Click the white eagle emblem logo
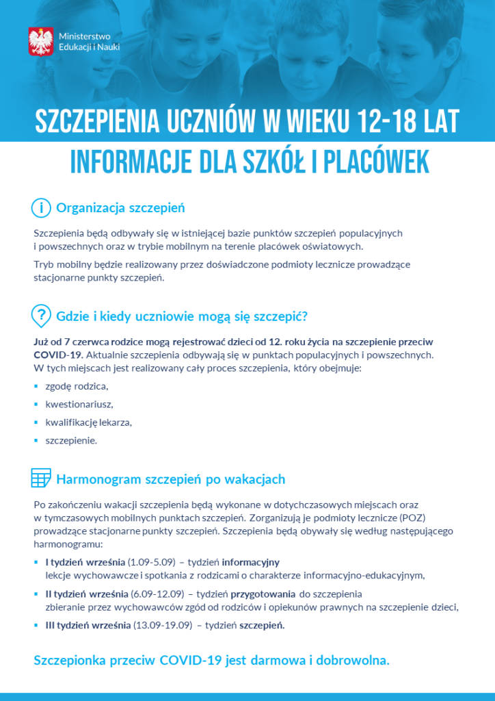(x=41, y=41)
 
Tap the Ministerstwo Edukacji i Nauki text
(x=90, y=41)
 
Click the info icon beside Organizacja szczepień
(x=41, y=207)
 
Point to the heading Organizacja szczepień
(x=120, y=207)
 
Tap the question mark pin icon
(x=42, y=315)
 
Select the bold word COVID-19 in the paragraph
(x=57, y=355)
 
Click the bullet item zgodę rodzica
(x=77, y=387)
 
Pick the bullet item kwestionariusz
(x=79, y=405)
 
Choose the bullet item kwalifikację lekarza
(x=88, y=422)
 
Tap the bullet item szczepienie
(x=71, y=440)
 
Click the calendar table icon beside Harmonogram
(x=41, y=478)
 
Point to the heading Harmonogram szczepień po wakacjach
(x=170, y=479)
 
